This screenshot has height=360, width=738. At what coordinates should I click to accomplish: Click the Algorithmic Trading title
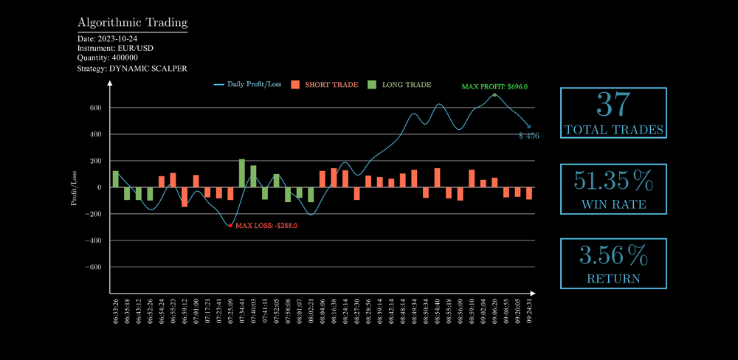coord(132,23)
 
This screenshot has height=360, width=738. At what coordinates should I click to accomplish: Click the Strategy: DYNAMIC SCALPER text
coord(131,68)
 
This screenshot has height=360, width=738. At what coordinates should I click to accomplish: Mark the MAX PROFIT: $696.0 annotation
coord(494,86)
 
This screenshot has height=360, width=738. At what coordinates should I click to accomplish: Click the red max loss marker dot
coord(230,225)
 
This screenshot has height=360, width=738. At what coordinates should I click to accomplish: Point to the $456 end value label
coord(529,136)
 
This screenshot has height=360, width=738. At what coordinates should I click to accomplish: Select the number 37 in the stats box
coord(613,105)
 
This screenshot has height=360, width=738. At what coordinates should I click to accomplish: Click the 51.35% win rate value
coord(613,181)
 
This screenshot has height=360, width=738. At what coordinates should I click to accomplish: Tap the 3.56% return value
coord(613,256)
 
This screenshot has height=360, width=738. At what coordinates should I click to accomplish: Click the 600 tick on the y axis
coord(95,108)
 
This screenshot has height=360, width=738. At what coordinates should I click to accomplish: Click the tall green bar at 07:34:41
coord(242,173)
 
